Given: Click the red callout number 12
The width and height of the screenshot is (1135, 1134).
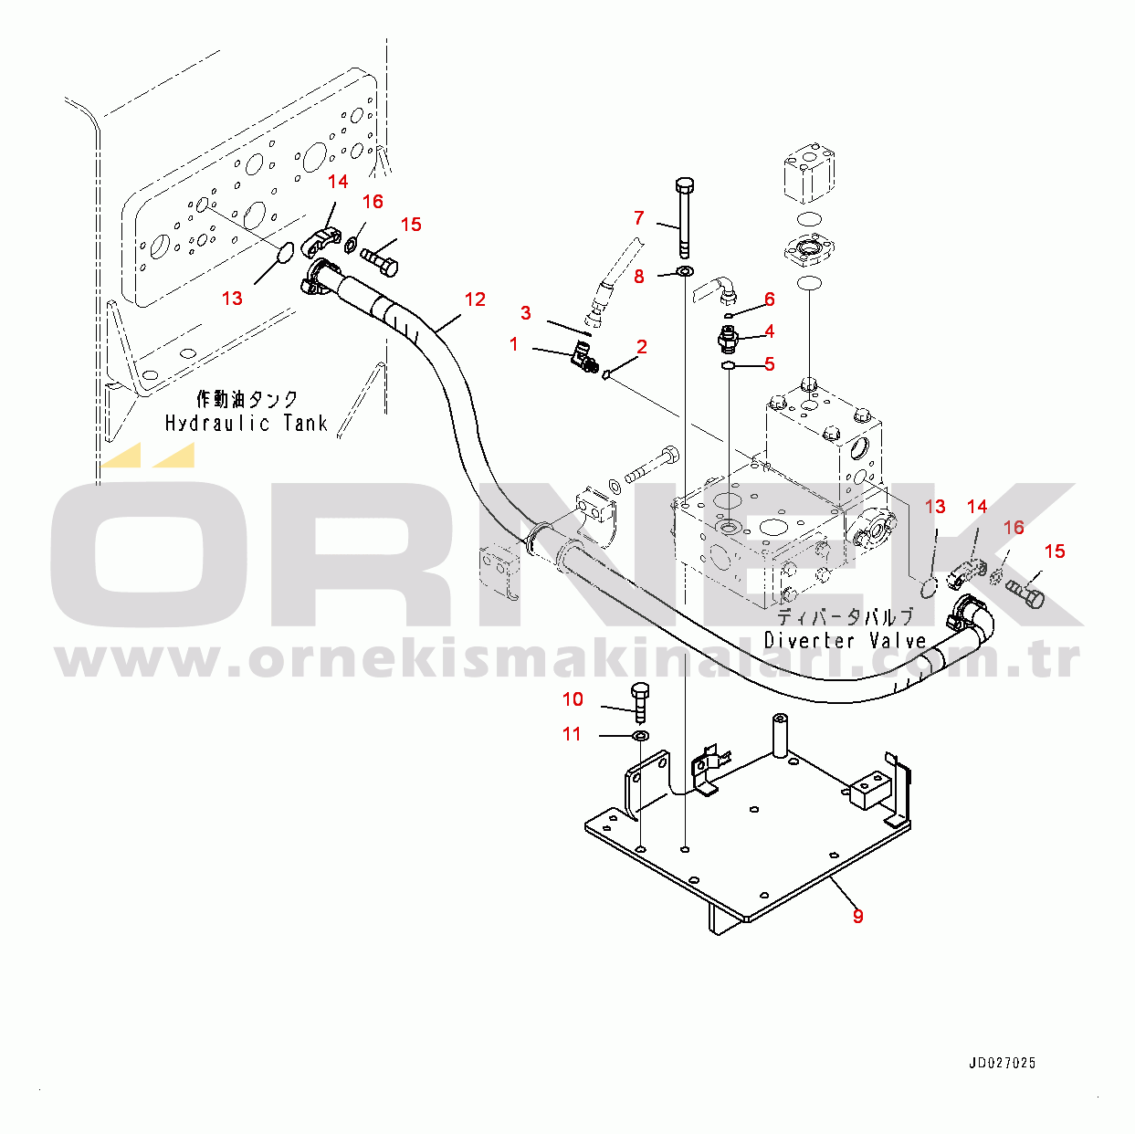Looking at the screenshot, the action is point(475,299).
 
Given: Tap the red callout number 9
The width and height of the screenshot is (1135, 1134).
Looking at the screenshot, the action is point(857,916).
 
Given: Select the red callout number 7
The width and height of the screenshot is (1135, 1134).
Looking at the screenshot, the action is point(639,218).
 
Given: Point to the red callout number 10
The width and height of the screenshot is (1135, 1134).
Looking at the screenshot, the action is point(573,699).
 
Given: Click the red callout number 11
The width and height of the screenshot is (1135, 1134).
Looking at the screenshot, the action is point(572,734).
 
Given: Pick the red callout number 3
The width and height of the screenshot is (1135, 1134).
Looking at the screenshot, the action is point(525,313).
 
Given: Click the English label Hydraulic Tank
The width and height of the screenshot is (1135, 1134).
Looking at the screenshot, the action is point(247,424).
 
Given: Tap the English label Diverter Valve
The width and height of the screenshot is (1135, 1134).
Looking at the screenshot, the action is point(846,640).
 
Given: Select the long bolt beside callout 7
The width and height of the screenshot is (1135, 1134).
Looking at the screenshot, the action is point(685,217).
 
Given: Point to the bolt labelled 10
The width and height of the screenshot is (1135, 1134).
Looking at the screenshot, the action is point(640,703).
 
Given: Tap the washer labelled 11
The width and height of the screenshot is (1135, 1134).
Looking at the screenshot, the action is point(641,735).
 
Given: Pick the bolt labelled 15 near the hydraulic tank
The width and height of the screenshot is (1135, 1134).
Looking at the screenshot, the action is point(379,261).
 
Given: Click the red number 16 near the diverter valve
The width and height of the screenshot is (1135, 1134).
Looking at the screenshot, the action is point(1014,527).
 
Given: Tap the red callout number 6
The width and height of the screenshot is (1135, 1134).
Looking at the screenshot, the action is point(769,299).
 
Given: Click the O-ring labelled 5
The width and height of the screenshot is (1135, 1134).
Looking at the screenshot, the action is point(728,366).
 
